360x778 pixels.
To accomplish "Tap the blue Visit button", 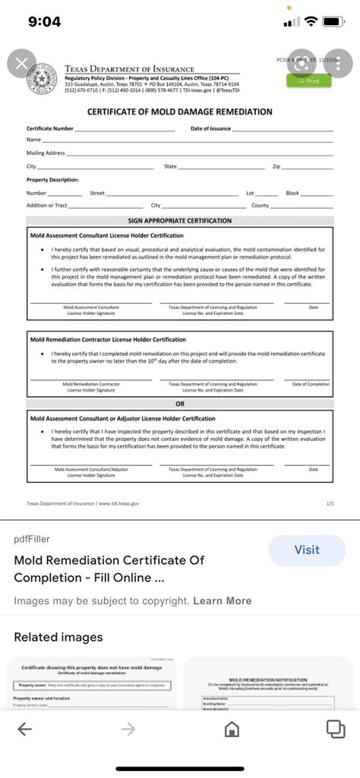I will [307, 550].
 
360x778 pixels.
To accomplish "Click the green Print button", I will [308, 80].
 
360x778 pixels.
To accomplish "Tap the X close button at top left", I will [21, 64].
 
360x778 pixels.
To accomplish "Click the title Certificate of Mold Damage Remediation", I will [179, 112].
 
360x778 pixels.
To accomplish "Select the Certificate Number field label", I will [50, 129].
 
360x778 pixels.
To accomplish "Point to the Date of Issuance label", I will [210, 129].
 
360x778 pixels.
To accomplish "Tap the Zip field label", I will [276, 166].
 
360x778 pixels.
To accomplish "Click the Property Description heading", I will [52, 180].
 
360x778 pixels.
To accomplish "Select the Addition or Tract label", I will [47, 206].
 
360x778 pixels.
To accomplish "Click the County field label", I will [261, 206].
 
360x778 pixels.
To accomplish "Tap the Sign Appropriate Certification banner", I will [180, 221].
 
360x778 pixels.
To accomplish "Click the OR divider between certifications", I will [180, 404].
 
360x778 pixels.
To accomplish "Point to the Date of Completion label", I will [311, 385].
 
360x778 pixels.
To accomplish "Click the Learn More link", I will [222, 600].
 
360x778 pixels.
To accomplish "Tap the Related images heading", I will [58, 637].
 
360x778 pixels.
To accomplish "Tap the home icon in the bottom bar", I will [232, 729].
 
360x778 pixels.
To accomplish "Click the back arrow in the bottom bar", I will [24, 729].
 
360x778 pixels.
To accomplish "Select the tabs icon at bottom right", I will [335, 729].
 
